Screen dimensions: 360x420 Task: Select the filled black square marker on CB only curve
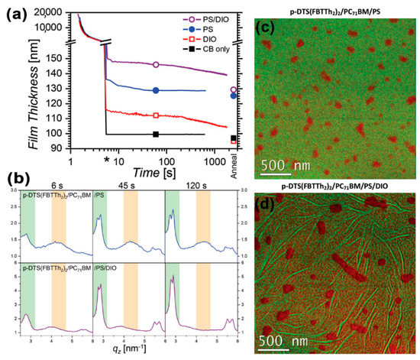pos(156,134)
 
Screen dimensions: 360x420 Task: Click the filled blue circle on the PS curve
pos(156,90)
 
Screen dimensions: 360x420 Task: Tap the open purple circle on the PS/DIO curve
pos(156,65)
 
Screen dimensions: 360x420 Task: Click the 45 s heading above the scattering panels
pos(128,186)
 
